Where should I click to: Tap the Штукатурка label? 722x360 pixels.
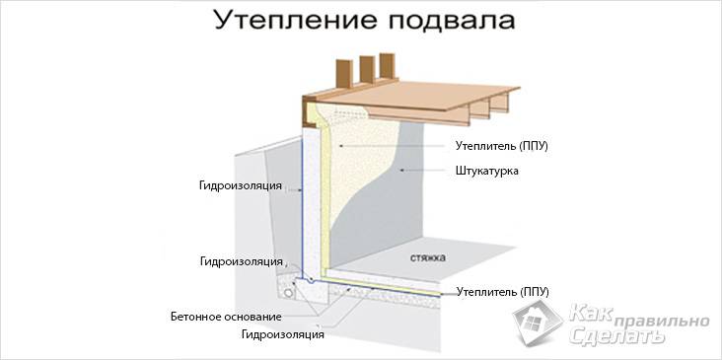[487, 171]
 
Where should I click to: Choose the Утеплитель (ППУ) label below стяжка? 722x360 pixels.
[502, 291]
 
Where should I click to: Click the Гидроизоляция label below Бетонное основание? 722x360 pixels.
[282, 335]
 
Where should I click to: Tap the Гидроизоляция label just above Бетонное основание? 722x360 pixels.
[242, 261]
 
